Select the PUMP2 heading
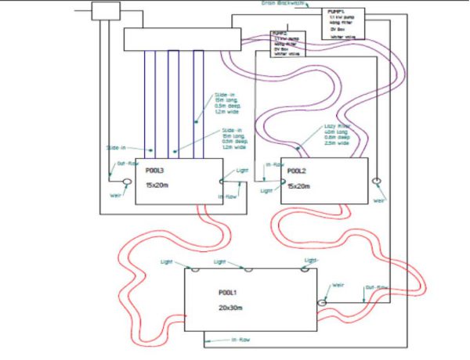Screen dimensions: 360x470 pos(278,33)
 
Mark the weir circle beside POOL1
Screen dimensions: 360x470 pos(321,302)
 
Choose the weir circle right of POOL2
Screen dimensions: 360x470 pos(376,182)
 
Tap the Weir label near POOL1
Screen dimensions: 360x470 pos(339,285)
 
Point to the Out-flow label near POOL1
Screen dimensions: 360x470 pos(377,287)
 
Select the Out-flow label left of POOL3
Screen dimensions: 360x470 pos(128,164)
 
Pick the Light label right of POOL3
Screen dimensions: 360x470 pos(244,171)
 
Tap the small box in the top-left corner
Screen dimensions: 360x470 pos(104,10)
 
